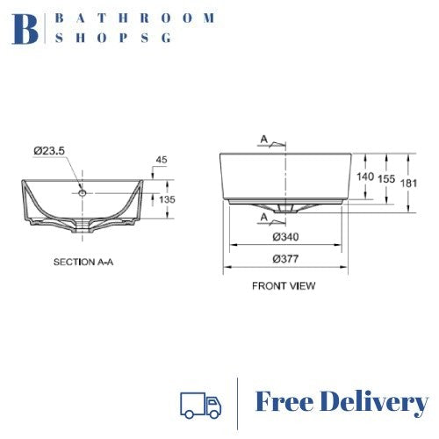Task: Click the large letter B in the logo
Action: tap(26, 28)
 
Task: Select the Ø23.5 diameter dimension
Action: tap(50, 152)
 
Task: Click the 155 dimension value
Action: tap(386, 176)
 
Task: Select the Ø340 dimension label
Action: tap(284, 237)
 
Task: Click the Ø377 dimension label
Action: tap(284, 258)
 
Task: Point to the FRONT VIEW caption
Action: tap(284, 285)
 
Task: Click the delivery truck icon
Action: tap(201, 403)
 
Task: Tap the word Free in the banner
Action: tap(284, 403)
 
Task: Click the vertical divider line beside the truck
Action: tap(239, 403)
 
